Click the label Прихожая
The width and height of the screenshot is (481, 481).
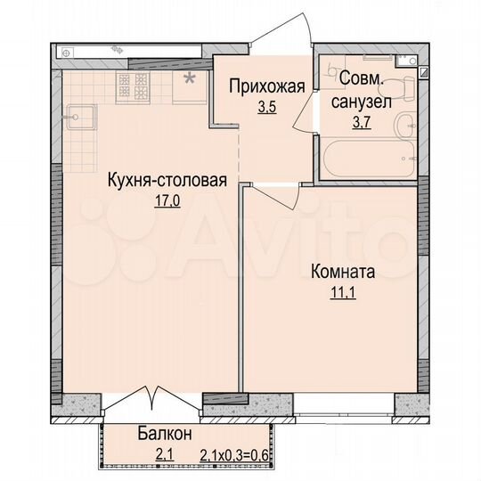[x=267, y=86]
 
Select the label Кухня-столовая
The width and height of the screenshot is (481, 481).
[x=167, y=181]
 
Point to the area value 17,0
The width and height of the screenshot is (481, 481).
[x=167, y=200]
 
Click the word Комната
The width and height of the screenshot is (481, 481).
[x=342, y=272]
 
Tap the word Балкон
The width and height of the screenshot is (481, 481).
[x=165, y=435]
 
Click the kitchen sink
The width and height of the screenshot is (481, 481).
[x=77, y=116]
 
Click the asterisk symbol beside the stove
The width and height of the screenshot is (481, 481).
[x=188, y=79]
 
